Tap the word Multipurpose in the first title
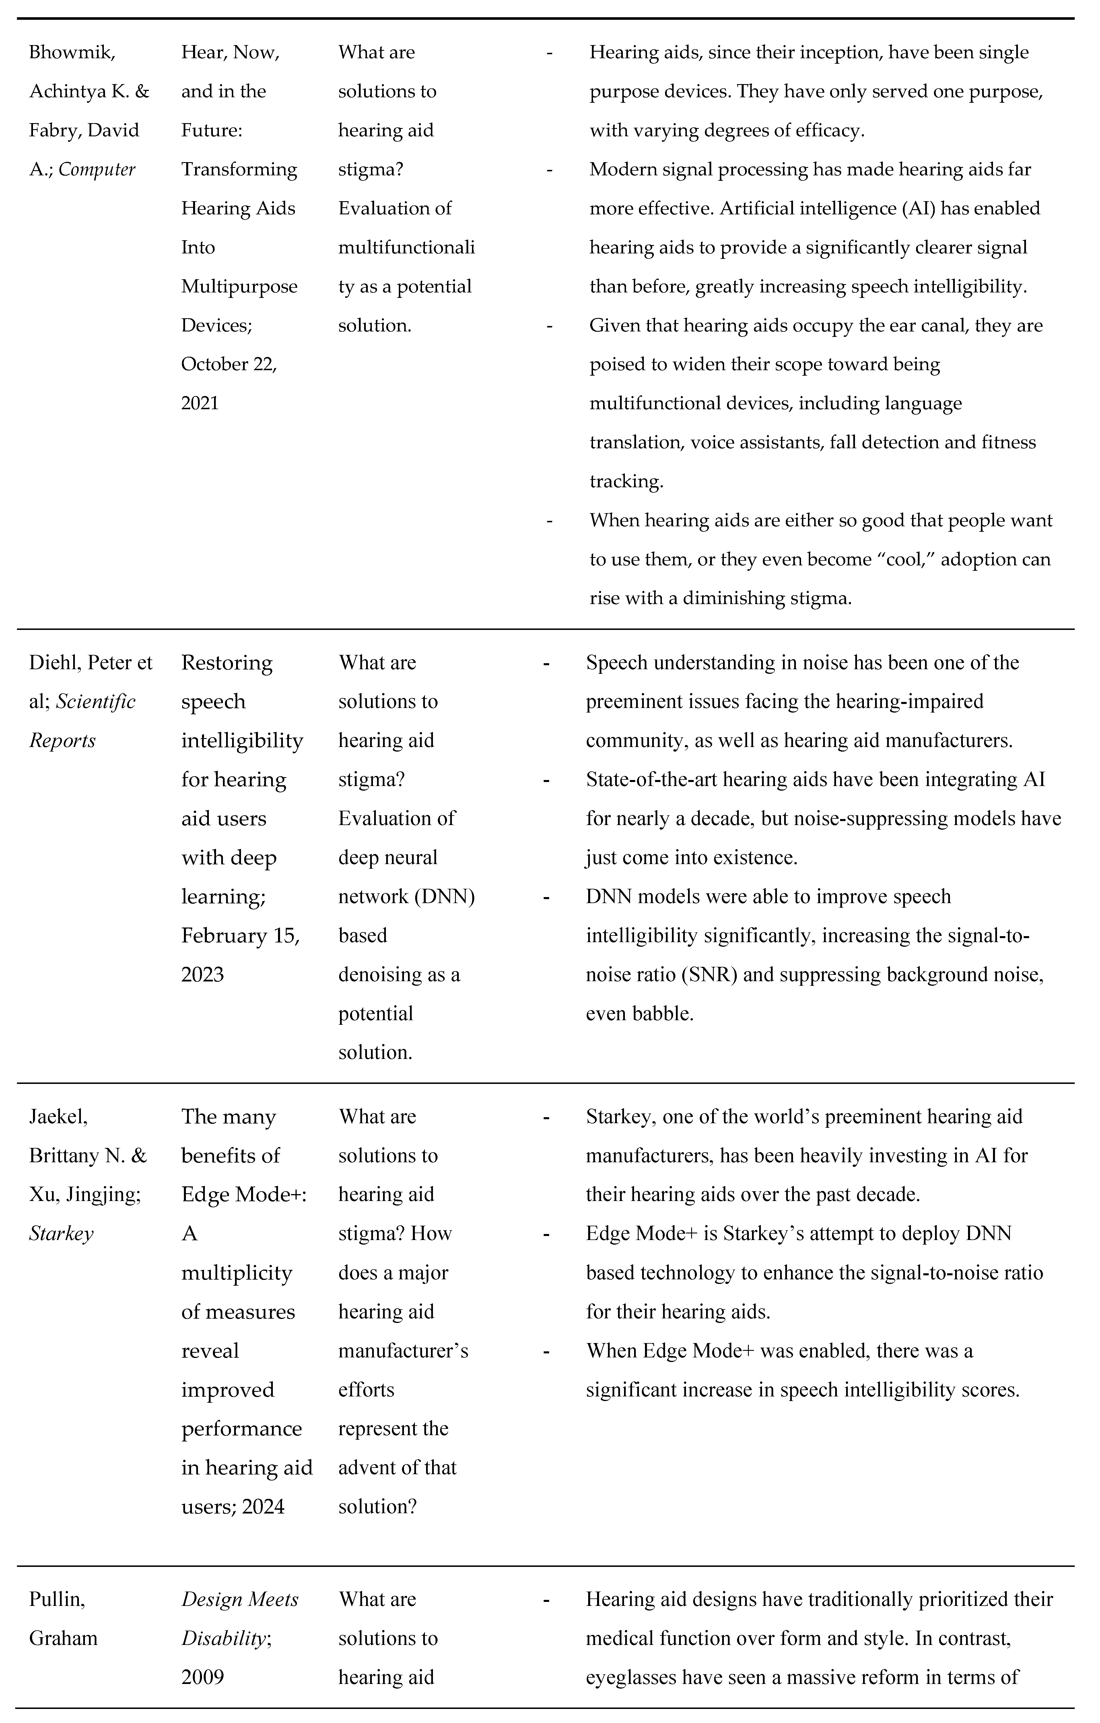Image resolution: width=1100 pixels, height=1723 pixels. click(239, 286)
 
